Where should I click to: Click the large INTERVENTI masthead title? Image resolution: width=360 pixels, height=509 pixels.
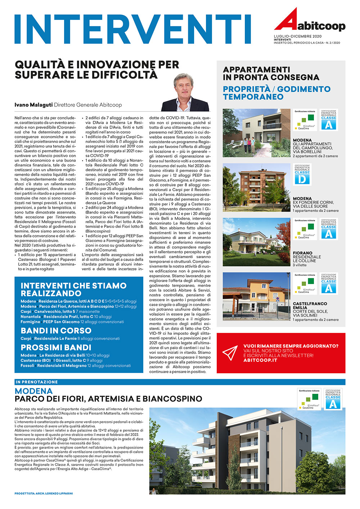tap(132, 29)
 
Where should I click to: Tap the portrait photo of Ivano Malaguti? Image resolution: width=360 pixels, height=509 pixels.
tap(185, 93)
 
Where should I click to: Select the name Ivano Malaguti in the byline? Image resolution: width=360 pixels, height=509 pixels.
tap(33, 105)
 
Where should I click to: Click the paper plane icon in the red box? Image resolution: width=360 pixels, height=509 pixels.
tap(230, 353)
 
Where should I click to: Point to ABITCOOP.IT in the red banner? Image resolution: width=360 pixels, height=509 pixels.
tap(260, 360)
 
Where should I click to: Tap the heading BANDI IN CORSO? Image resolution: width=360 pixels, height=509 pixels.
tap(56, 330)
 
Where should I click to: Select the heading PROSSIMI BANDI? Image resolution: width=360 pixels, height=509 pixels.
tap(56, 347)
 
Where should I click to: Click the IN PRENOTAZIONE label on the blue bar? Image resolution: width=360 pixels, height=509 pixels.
tap(37, 382)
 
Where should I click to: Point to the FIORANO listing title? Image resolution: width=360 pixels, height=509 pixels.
tap(302, 253)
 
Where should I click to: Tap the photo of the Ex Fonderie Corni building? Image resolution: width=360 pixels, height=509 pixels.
tap(256, 187)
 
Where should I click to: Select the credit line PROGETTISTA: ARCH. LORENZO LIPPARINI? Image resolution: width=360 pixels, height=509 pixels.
tap(44, 493)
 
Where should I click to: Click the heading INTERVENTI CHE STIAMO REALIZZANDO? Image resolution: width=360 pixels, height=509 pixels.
tap(73, 289)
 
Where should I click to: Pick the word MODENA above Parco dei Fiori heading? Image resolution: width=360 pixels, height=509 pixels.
tap(33, 391)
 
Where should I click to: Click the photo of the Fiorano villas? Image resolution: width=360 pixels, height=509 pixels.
tap(256, 242)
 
